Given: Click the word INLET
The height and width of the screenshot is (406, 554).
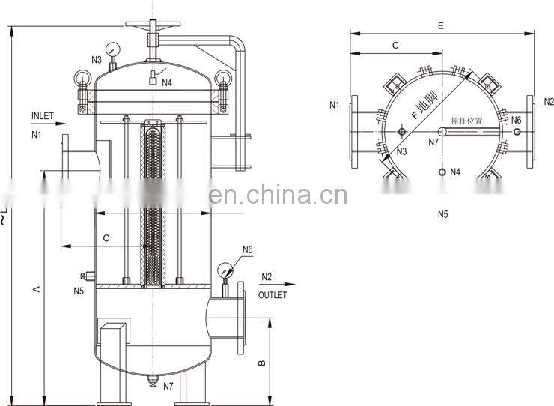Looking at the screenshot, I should point(43,116).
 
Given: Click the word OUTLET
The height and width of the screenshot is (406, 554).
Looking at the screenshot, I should point(273,295).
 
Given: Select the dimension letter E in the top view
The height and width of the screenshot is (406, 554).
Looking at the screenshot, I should point(441,26).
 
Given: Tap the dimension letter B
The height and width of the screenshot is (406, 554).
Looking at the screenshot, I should point(261,363).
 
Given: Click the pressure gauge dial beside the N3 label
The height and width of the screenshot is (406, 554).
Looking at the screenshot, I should point(112,49).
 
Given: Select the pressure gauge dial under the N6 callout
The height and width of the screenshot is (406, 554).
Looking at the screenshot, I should point(224,269).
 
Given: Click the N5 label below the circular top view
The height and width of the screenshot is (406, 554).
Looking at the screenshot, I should point(442,215).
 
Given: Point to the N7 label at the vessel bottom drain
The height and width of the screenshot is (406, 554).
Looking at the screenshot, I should point(168,387).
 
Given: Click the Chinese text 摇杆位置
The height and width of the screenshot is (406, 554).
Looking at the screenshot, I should point(466,120).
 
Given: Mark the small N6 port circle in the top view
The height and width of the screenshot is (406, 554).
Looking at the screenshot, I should point(516,132).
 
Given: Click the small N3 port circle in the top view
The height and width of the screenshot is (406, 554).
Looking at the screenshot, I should point(402,133).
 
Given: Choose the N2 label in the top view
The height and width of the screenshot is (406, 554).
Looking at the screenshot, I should point(549,102).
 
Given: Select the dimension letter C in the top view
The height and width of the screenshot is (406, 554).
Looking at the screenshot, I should point(395,46).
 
